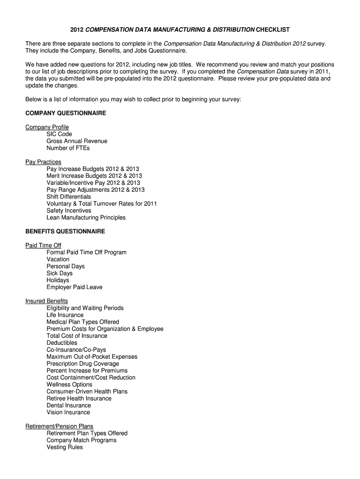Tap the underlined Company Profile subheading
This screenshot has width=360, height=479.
[47, 127]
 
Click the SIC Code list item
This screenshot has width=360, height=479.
[59, 134]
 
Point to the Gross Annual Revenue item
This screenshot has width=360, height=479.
[77, 141]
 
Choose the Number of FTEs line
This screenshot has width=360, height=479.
[68, 148]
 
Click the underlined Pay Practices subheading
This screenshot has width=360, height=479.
[43, 162]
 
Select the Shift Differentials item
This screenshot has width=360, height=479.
[69, 197]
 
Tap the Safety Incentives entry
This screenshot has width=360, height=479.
[69, 211]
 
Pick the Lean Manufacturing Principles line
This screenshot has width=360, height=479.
[86, 218]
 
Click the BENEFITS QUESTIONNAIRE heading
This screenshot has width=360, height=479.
[65, 232]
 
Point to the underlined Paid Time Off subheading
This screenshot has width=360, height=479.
[43, 246]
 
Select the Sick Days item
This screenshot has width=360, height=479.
[59, 273]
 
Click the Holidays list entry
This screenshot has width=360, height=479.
[58, 280]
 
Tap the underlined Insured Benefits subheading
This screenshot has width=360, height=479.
[46, 301]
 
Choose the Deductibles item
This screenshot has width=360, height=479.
[62, 343]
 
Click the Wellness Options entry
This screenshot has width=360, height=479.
[69, 385]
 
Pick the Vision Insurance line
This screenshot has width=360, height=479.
[68, 413]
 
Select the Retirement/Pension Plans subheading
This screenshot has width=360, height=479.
[59, 427]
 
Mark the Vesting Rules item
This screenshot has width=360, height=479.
[65, 448]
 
